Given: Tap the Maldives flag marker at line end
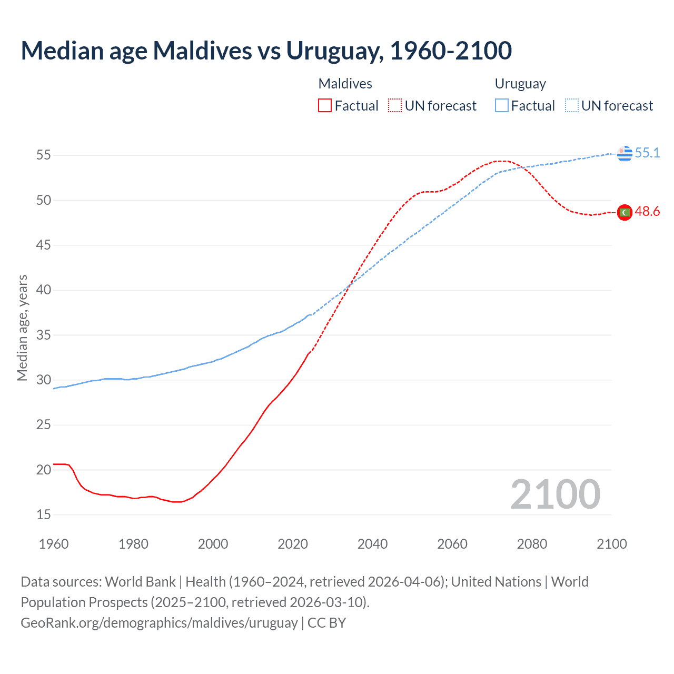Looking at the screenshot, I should click(x=625, y=212).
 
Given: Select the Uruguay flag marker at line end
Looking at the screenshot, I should click(x=625, y=153).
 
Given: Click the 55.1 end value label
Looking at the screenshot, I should click(x=647, y=153).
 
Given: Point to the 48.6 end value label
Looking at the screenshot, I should click(x=647, y=212).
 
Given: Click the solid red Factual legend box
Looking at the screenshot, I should click(x=325, y=106).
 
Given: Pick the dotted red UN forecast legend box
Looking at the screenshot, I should click(x=395, y=106).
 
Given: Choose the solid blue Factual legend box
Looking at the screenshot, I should click(x=502, y=106).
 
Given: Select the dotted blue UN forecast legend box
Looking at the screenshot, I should click(x=571, y=106).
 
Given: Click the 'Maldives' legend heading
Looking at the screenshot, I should click(x=345, y=84).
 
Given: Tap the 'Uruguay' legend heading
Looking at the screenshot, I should click(x=520, y=84).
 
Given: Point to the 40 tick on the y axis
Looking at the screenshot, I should click(x=43, y=290).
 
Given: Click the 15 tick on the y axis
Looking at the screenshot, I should click(x=43, y=514).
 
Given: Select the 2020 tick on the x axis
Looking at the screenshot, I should click(x=293, y=544).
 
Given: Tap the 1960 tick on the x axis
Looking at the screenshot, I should click(x=54, y=544).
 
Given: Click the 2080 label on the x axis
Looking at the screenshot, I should click(x=532, y=544).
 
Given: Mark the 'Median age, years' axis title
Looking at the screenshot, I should click(x=22, y=328).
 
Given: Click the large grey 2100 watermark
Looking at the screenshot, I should click(x=555, y=494).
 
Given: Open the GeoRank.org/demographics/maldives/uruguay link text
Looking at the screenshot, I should click(x=159, y=623).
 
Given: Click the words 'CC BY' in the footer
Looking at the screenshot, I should click(x=326, y=623).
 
